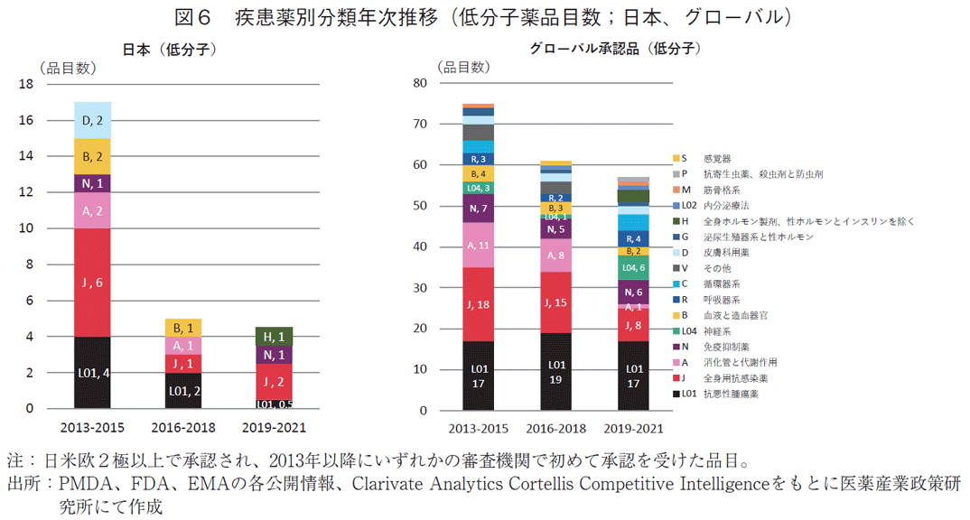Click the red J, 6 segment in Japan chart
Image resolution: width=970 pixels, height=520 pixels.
click(92, 283)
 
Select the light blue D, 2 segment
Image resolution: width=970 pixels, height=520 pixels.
click(92, 120)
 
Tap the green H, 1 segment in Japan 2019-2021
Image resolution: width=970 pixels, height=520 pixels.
click(274, 336)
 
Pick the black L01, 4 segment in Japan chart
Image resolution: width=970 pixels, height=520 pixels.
click(92, 373)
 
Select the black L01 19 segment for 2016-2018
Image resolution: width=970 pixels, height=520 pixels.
click(555, 371)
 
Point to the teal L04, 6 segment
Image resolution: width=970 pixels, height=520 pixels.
click(633, 267)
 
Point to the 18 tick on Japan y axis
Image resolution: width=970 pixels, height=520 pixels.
click(26, 85)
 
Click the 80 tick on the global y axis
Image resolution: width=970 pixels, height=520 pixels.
click(419, 83)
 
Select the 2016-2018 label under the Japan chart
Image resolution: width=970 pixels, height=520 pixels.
click(183, 427)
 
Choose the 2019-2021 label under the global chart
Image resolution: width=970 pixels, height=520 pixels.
click(633, 428)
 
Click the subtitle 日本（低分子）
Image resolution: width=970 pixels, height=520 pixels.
click(169, 50)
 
